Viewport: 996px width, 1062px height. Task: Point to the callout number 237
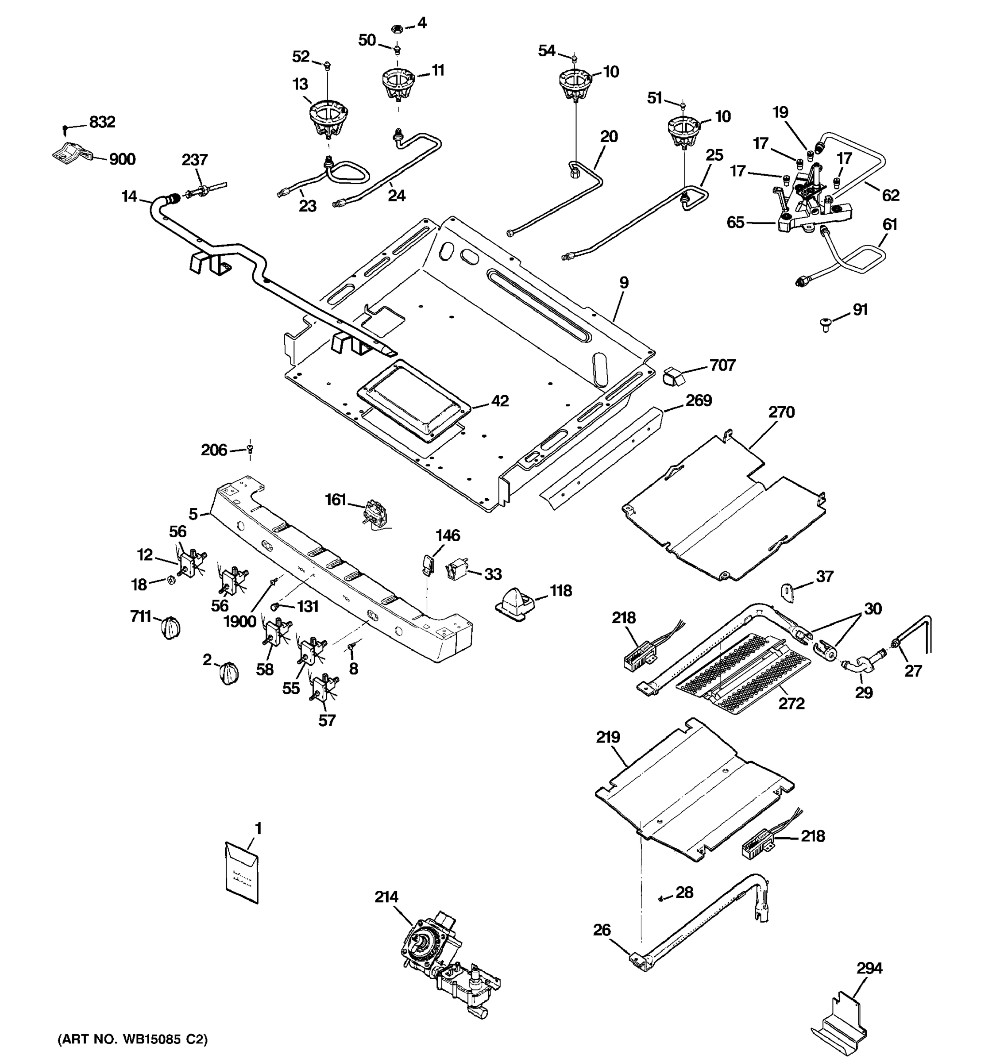(194, 160)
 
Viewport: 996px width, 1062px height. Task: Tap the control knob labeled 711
(170, 627)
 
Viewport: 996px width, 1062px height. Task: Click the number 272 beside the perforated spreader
(791, 704)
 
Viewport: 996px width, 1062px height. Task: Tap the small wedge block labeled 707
(674, 377)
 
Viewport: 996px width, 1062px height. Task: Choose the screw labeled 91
(826, 324)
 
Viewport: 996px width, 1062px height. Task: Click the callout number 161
(336, 500)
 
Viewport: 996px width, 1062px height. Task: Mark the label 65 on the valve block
(735, 222)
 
